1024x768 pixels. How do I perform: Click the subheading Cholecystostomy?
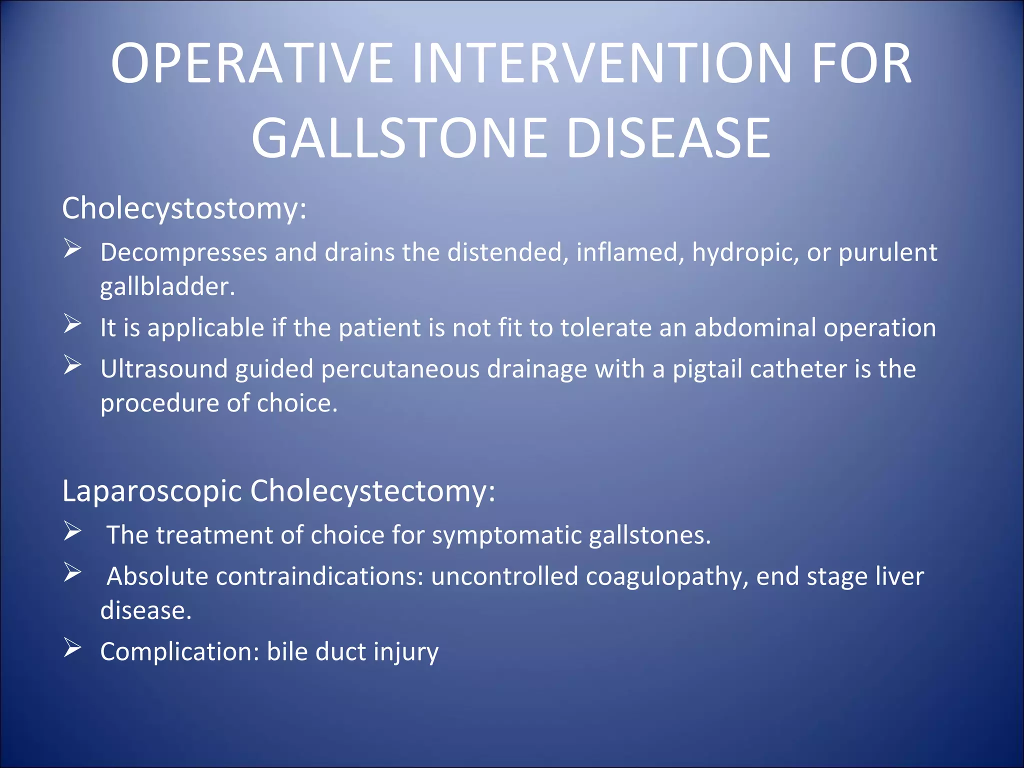[x=184, y=208]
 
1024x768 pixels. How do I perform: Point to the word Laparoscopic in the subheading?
[x=152, y=491]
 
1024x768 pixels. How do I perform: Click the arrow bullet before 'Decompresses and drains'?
[x=72, y=248]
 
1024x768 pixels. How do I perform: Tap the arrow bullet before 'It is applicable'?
[x=72, y=324]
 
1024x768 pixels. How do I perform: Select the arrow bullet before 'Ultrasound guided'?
[x=72, y=365]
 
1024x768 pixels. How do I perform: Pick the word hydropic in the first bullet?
[x=744, y=253]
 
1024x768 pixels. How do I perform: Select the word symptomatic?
[x=506, y=535]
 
